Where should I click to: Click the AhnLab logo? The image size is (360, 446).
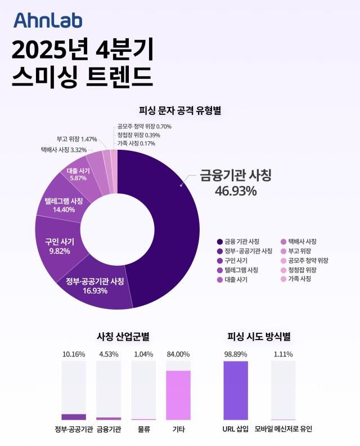point(48,20)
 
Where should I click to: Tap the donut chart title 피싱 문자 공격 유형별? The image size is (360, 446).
point(180,111)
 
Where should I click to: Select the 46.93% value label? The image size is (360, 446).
point(236,191)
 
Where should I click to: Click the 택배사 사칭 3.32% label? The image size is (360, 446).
point(64,150)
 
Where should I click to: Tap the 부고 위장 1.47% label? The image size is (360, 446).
point(77,139)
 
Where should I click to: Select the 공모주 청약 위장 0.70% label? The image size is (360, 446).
point(145,127)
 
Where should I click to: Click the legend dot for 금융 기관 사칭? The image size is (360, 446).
point(219,242)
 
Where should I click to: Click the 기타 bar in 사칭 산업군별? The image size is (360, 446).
point(178,395)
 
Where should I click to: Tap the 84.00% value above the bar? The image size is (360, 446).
point(178,354)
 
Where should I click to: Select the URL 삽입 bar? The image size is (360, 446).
point(236,390)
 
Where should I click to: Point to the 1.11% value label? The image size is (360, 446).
point(283,354)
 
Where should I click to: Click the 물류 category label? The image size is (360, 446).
point(143,429)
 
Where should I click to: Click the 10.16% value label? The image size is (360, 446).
point(74,354)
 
